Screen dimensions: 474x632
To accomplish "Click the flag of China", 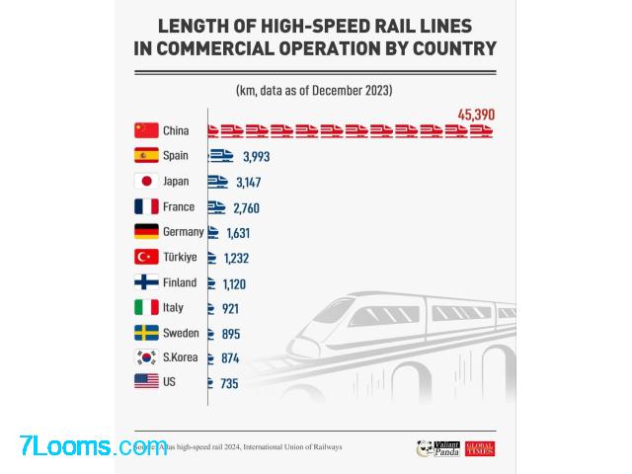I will pyautogui.click(x=146, y=130).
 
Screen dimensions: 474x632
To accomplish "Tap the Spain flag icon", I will pyautogui.click(x=146, y=156).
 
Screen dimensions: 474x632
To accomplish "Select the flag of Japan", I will pyautogui.click(x=146, y=182).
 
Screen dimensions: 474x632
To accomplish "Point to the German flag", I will pyautogui.click(x=146, y=232).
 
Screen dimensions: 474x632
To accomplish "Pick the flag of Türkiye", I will pyautogui.click(x=146, y=258).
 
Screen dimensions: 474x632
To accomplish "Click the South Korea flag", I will pyautogui.click(x=146, y=358).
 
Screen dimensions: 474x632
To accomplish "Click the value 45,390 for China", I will pyautogui.click(x=476, y=115).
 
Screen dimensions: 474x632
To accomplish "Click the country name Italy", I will pyautogui.click(x=174, y=308).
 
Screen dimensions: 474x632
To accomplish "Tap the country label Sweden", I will pyautogui.click(x=181, y=334).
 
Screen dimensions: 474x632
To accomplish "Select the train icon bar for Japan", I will pyautogui.click(x=217, y=182).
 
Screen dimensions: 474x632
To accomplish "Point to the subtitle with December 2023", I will pyautogui.click(x=314, y=90).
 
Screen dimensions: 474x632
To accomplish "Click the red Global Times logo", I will pyautogui.click(x=480, y=448).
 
